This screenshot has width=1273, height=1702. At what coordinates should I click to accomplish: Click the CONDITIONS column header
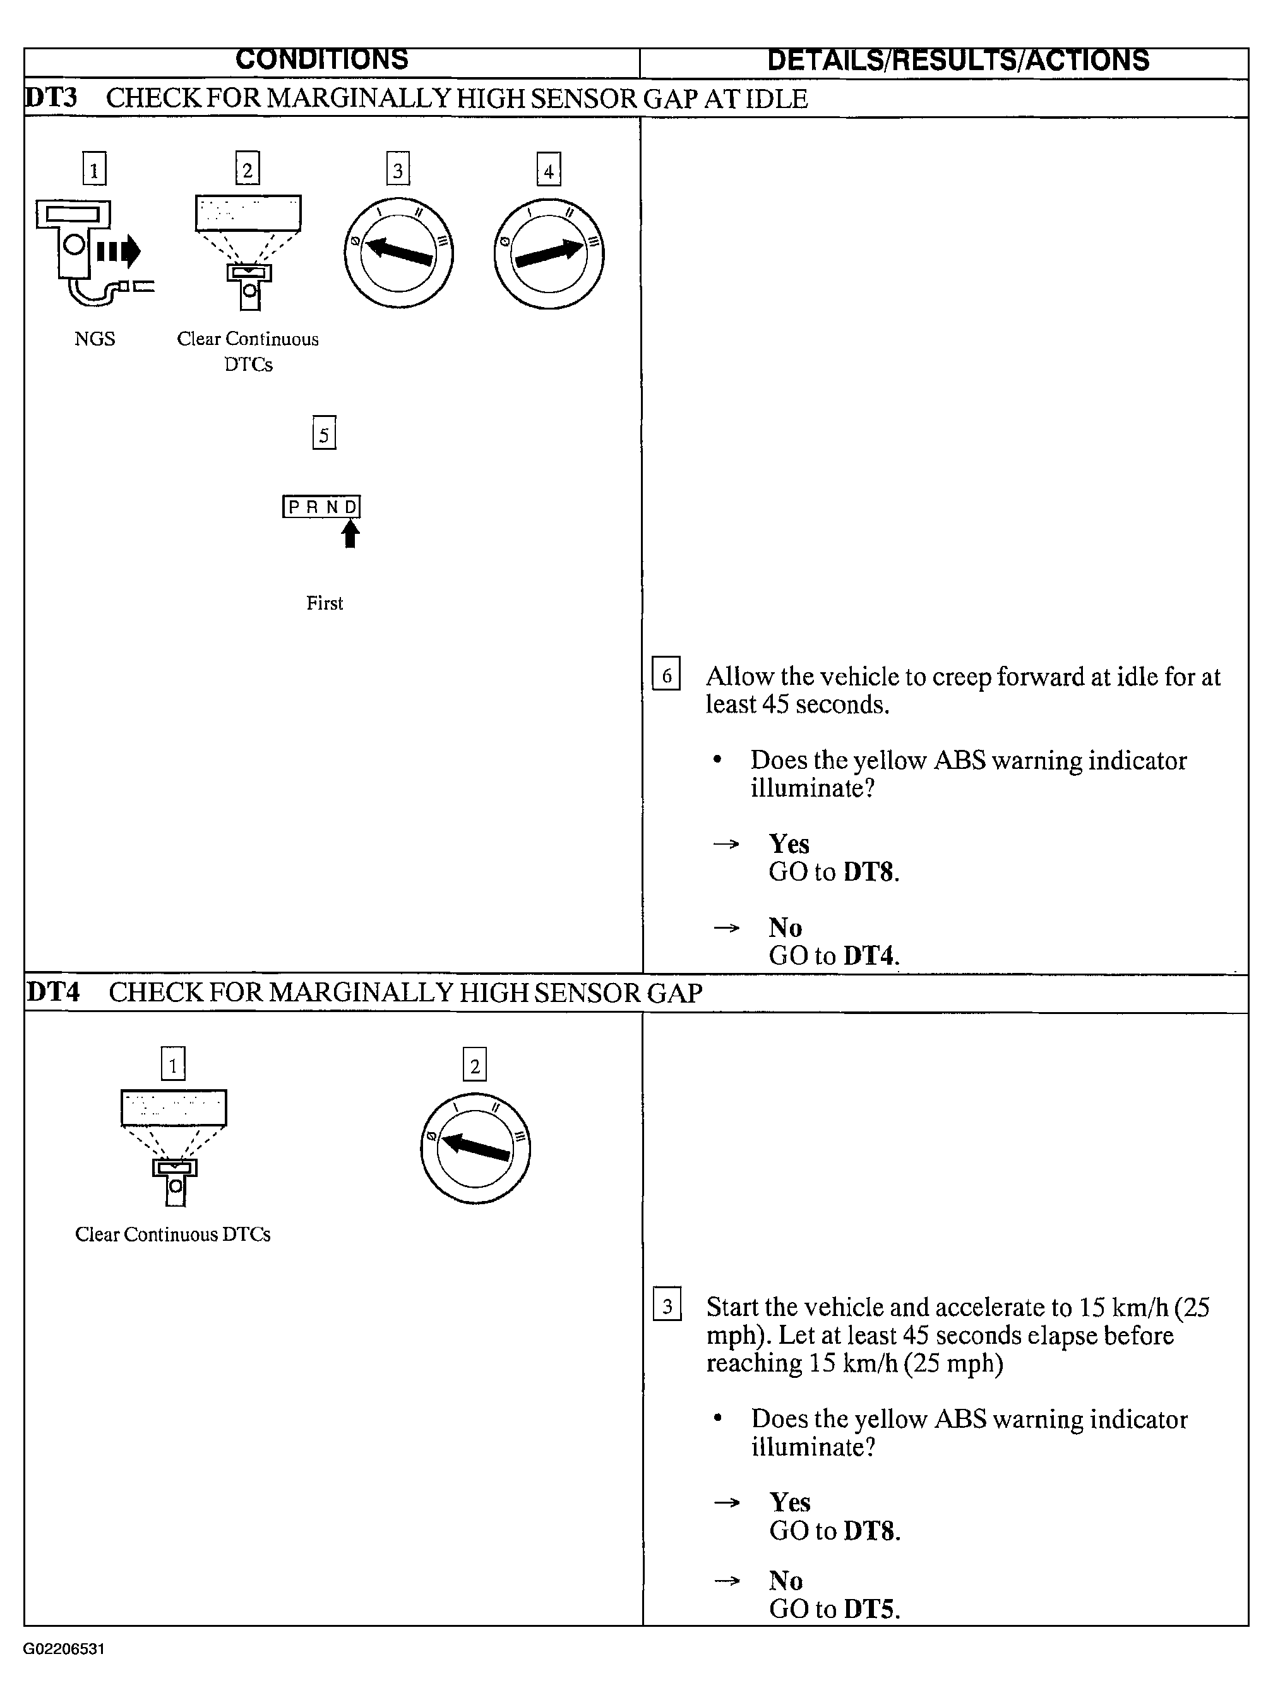point(321,60)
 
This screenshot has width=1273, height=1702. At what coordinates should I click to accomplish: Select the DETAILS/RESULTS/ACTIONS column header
point(958,60)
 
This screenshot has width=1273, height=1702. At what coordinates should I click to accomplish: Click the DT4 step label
point(53,992)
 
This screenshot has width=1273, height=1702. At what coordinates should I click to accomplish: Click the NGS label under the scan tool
point(95,339)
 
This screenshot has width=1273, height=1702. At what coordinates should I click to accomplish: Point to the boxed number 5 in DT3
point(324,435)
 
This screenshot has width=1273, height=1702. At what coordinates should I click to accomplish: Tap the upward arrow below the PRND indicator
point(350,533)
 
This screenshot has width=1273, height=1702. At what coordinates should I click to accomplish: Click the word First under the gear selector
point(324,603)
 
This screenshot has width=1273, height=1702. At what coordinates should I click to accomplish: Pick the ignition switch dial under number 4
point(549,253)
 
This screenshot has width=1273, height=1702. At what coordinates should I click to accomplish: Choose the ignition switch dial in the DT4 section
point(475,1149)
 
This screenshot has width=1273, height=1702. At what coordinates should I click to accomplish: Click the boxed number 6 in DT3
point(666,674)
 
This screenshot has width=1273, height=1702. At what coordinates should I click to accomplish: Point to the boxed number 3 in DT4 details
point(667,1307)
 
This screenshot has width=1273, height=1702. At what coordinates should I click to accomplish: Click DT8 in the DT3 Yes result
point(869,872)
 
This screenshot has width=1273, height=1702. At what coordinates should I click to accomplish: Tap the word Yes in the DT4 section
point(789,1502)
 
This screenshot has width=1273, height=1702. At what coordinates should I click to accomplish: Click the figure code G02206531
point(64,1649)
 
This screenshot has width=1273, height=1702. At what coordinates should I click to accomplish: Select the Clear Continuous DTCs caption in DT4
point(172,1235)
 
